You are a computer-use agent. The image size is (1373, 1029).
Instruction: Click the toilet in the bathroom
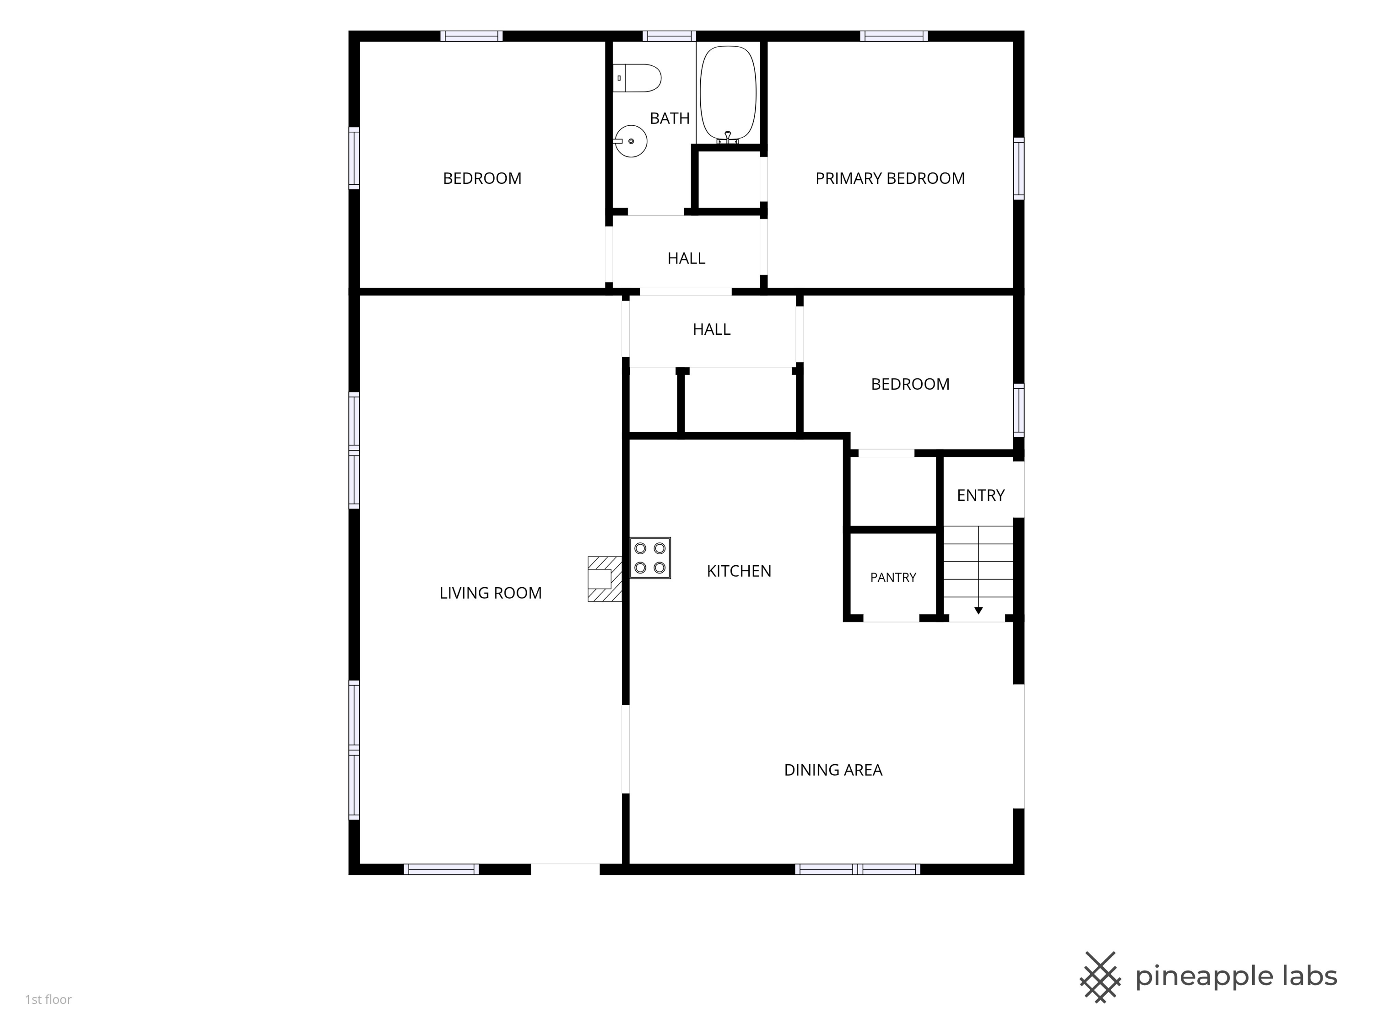(x=637, y=78)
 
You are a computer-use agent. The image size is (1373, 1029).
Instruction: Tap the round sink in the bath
(x=630, y=141)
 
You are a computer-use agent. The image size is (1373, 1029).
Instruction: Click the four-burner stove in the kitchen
(x=650, y=557)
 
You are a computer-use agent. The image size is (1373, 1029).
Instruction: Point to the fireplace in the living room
(x=605, y=579)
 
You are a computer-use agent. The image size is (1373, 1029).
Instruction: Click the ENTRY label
(x=980, y=495)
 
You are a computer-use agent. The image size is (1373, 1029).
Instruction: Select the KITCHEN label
(x=739, y=571)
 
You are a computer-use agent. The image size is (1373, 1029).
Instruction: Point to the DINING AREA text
(x=833, y=770)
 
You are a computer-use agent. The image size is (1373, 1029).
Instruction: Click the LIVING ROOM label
(x=490, y=593)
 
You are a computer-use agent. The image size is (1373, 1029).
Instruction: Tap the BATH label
(x=670, y=118)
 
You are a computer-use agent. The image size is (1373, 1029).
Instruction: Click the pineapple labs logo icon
(x=1101, y=977)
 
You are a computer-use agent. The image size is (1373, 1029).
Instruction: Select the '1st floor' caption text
(x=49, y=999)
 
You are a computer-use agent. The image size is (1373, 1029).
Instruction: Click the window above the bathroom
(x=669, y=36)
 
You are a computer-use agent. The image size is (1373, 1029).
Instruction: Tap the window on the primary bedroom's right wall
(x=1019, y=168)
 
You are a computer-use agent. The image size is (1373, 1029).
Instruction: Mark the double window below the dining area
(x=858, y=869)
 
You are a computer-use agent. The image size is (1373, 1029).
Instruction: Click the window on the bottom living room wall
(x=441, y=869)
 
